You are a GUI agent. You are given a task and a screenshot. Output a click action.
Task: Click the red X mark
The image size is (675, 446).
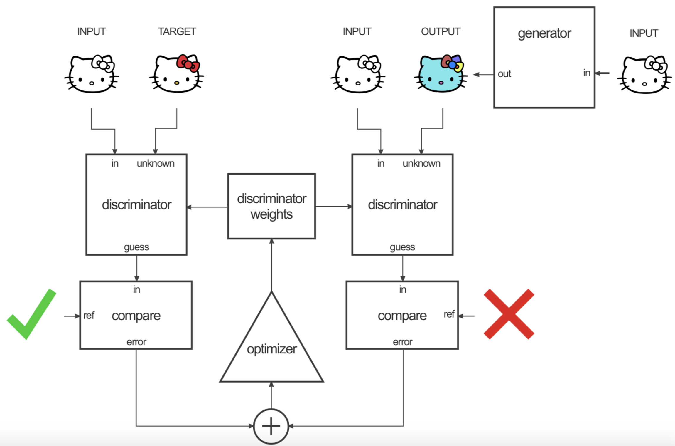point(509,314)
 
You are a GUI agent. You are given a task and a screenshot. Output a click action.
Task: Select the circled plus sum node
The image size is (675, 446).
point(271,426)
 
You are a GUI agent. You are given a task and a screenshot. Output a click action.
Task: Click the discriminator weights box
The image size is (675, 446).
point(271,206)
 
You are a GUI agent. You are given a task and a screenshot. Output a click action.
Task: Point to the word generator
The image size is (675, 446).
point(544,33)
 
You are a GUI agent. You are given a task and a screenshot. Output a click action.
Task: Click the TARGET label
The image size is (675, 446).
point(177,31)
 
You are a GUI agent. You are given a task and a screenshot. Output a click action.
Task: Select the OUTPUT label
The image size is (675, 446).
point(440,31)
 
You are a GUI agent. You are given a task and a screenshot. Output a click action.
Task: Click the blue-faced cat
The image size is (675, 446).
point(440,75)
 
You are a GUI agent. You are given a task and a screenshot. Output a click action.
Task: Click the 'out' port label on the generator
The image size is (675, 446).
point(504,74)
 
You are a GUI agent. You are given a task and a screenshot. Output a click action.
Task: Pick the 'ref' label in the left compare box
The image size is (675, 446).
point(89,316)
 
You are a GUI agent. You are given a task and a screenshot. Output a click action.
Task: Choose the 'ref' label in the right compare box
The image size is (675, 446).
point(449,314)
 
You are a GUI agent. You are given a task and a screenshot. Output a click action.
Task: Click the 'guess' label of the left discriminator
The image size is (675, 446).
point(136,247)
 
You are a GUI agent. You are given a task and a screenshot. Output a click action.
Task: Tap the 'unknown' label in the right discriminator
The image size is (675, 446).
point(421,163)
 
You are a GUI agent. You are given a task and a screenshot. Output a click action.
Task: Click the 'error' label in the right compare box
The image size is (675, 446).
point(402,342)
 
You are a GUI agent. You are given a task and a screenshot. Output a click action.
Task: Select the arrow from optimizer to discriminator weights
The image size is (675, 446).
point(272,264)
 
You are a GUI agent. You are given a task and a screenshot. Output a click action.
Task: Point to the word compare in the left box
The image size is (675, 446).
point(136,316)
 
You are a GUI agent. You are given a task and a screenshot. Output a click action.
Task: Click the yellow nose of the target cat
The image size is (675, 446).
point(177,83)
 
